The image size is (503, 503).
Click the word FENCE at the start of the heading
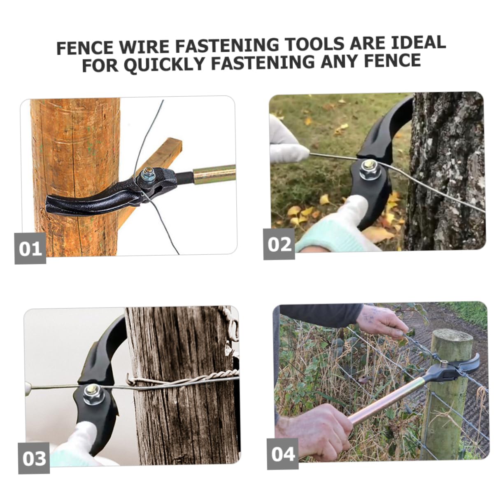point(85,47)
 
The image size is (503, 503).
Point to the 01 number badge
point(30,248)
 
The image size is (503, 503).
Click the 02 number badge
point(279,244)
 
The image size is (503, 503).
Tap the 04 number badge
point(283,454)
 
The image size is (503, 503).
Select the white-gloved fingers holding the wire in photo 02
point(288,141)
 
